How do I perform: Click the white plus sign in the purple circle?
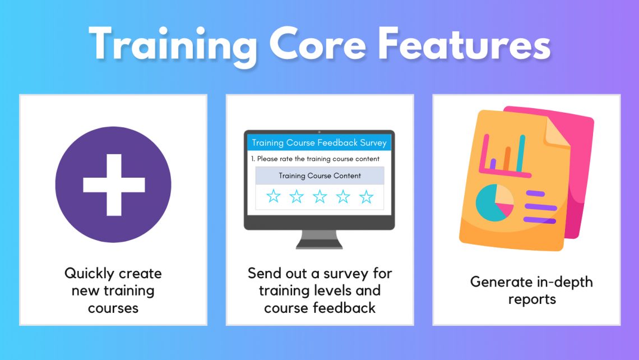point(113,184)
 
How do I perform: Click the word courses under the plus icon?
point(113,308)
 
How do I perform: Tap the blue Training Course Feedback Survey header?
point(319,142)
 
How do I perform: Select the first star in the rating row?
point(273,196)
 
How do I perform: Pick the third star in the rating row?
point(319,196)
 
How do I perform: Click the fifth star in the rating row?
point(366,196)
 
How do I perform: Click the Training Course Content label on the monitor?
point(319,176)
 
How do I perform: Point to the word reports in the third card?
point(532,299)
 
